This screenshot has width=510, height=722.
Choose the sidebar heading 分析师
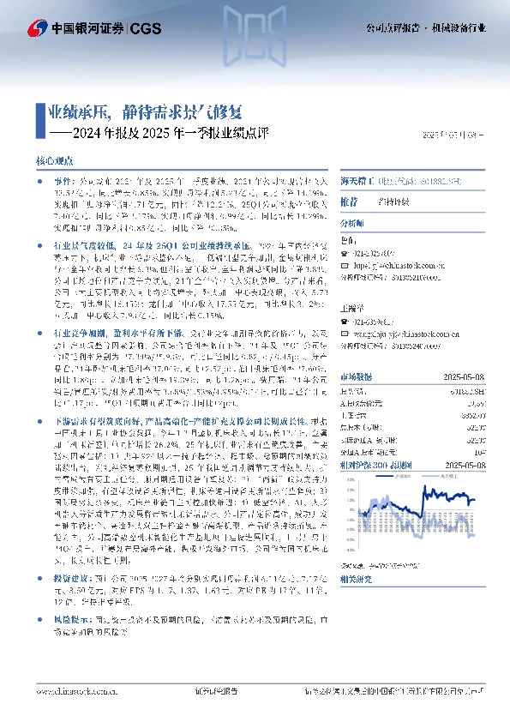[x=353, y=222]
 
